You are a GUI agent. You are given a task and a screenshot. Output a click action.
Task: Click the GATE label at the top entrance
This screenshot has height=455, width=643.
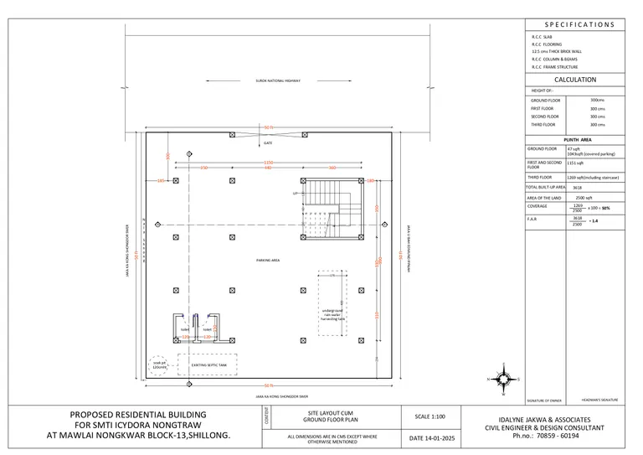[268, 143]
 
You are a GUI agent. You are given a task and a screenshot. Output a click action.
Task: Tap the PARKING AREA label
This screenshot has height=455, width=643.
[268, 261]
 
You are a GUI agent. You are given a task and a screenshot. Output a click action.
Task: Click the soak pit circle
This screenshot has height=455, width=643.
[159, 365]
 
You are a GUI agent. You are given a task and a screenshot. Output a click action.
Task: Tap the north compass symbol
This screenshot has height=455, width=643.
[502, 379]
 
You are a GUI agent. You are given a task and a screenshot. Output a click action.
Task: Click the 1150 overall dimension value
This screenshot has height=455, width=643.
[269, 162]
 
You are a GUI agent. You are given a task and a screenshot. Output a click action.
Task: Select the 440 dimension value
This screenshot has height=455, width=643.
[268, 168]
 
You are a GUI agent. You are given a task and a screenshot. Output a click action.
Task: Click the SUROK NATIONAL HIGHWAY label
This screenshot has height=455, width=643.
[278, 80]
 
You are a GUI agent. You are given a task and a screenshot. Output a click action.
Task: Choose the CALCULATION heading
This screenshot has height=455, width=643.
[574, 80]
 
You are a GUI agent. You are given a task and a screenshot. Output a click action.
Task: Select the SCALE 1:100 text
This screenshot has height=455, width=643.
[432, 416]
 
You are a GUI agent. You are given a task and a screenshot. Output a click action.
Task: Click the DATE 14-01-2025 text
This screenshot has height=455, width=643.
[432, 437]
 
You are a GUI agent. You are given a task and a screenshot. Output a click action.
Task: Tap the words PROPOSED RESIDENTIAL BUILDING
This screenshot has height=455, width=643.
[138, 416]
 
